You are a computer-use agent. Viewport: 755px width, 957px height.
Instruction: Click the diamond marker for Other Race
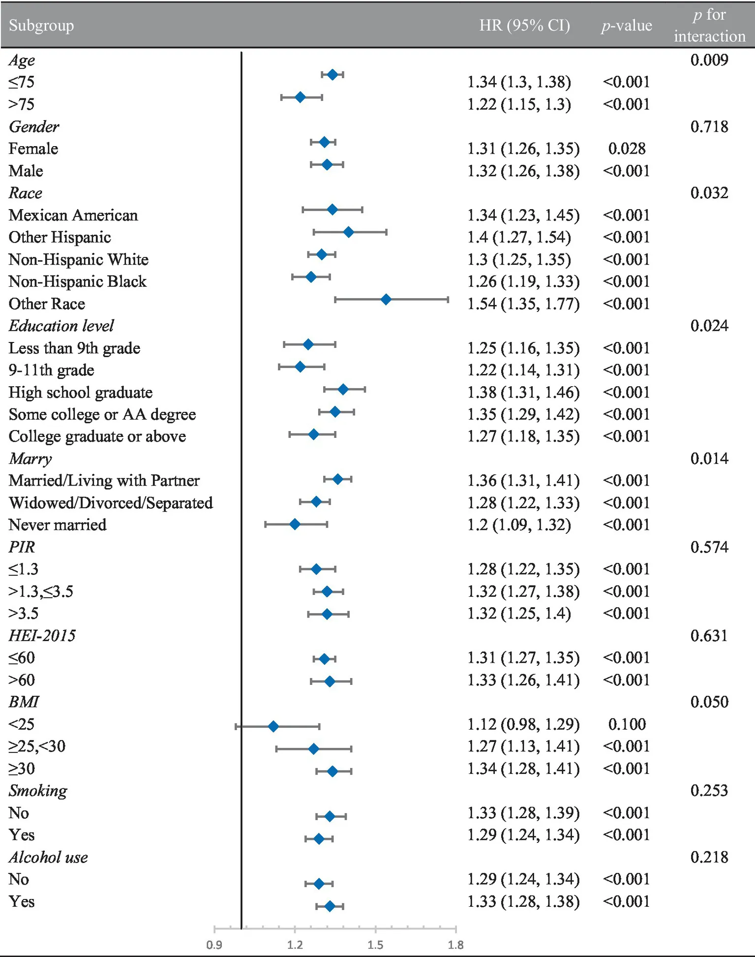pos(386,299)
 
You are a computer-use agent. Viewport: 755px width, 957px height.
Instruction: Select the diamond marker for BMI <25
pos(273,726)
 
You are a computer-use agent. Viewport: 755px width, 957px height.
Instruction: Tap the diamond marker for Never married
pos(295,525)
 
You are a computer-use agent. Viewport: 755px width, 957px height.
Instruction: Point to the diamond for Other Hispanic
pos(348,232)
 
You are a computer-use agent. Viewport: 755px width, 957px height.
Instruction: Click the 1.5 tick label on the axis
pos(375,945)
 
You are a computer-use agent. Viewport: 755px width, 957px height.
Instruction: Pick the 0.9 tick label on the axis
pos(214,945)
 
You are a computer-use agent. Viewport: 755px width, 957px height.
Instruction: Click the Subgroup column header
pos(41,25)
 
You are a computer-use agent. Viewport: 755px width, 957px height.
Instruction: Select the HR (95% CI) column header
pos(524,25)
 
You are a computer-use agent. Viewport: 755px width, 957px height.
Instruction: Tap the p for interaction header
pos(709,26)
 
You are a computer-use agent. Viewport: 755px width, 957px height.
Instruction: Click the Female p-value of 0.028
pos(627,149)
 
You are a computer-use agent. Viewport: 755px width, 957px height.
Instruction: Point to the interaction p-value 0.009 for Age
pos(709,60)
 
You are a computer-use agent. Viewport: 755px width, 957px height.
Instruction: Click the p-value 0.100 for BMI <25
pos(627,724)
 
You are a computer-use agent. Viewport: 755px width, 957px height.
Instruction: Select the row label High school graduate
pos(81,392)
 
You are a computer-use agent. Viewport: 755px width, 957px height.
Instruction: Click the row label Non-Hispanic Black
pos(78,281)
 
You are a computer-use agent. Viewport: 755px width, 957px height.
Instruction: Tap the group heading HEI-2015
pos(42,636)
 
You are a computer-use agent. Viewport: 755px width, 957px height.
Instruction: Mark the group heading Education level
pos(61,326)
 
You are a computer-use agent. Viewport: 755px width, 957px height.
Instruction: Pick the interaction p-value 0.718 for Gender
pos(709,127)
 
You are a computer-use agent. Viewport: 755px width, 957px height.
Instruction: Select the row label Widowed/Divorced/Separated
pos(111,503)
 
